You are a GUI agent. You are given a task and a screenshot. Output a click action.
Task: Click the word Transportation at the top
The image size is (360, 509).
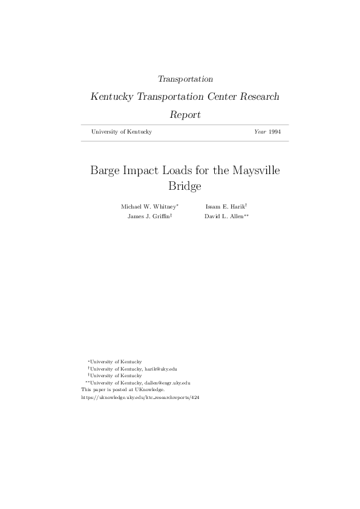185,79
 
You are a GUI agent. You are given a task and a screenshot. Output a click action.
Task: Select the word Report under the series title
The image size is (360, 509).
185,114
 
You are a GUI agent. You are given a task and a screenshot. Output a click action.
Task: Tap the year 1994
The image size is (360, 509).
275,132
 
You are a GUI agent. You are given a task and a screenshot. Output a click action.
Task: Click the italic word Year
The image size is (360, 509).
260,132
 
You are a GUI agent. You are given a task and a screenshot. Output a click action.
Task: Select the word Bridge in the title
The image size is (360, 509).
185,186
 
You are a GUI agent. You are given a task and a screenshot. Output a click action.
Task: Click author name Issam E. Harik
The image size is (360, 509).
224,207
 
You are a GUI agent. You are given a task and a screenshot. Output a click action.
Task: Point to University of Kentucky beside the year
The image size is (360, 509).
121,132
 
